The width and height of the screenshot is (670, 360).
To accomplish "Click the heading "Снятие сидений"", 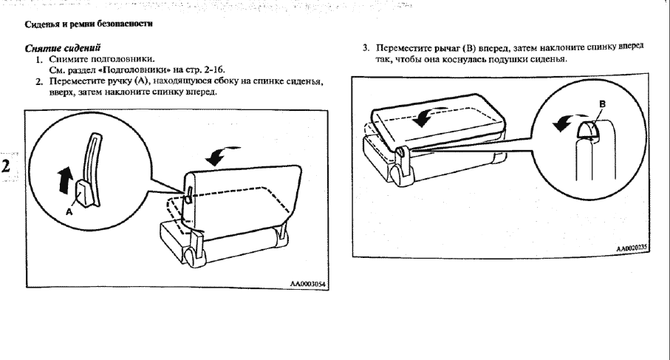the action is (x=62, y=48).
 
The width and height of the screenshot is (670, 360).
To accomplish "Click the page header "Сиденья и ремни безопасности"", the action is (x=89, y=24).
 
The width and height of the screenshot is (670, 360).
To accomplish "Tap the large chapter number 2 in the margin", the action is (x=6, y=166).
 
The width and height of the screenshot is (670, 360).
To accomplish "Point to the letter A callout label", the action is (x=69, y=211).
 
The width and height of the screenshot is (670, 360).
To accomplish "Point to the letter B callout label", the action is (x=603, y=104).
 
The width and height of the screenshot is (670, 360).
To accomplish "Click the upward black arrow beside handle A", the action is (x=64, y=180).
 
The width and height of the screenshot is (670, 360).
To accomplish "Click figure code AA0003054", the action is (x=307, y=283).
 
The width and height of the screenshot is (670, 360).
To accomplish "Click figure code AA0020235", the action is (x=632, y=248).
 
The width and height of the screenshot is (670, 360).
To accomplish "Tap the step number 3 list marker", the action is (x=366, y=47).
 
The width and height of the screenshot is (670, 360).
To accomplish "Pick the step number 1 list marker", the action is (x=39, y=59).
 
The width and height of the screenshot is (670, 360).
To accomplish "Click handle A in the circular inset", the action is (x=83, y=194).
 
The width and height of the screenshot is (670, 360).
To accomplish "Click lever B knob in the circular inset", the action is (x=589, y=129).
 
